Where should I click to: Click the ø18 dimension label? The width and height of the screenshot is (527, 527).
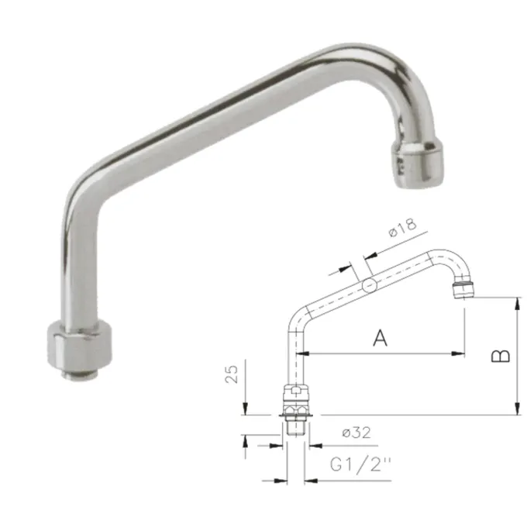pyautogui.click(x=402, y=228)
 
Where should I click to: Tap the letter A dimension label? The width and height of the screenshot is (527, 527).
pyautogui.click(x=380, y=338)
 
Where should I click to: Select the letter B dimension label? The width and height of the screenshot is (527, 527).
pyautogui.click(x=501, y=356)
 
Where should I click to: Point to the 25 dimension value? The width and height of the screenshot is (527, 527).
pyautogui.click(x=231, y=374)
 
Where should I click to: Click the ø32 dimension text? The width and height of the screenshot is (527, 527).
pyautogui.click(x=356, y=432)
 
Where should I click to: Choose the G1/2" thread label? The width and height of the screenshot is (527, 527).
pyautogui.click(x=360, y=465)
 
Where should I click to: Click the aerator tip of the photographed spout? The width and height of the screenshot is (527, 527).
pyautogui.click(x=416, y=164)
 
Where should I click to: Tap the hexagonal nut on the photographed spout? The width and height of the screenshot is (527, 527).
pyautogui.click(x=79, y=345)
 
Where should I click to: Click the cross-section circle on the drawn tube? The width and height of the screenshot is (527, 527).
pyautogui.click(x=370, y=285)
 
